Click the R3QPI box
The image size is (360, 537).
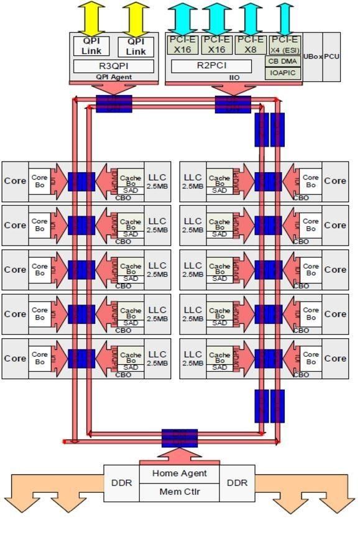tap(113, 66)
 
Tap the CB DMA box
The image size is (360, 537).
tap(284, 62)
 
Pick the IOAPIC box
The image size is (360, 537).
tap(284, 73)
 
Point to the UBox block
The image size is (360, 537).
tap(312, 57)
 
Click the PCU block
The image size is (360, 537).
tap(331, 57)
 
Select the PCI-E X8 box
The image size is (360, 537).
tap(251, 45)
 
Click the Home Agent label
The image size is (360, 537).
tap(180, 474)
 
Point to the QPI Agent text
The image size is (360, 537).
tap(113, 78)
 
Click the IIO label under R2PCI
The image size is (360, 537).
tap(234, 78)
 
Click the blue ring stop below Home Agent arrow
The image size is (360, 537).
tap(180, 438)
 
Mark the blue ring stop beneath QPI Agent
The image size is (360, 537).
tap(114, 103)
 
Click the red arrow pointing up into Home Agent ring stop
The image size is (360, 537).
tap(180, 456)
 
